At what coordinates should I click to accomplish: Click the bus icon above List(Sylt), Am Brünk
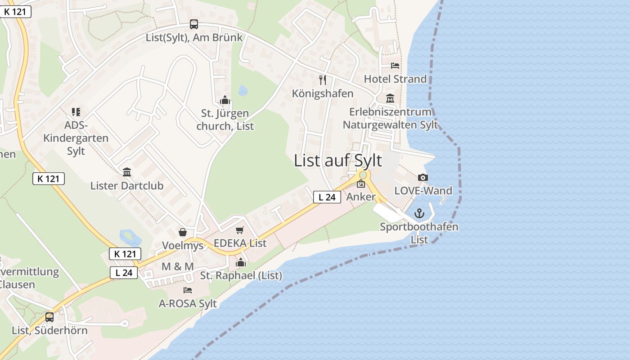point(193,24)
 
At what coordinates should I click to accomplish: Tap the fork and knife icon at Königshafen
point(322,80)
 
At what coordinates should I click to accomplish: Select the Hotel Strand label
point(395,79)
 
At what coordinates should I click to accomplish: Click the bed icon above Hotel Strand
point(395,66)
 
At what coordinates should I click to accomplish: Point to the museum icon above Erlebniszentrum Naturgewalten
point(390,99)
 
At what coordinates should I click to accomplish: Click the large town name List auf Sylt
point(338,161)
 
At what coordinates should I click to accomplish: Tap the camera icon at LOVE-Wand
point(423,178)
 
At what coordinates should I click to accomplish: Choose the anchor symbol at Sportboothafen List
point(419,213)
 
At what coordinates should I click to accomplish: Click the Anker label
point(361,197)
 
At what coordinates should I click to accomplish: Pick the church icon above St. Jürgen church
point(225,100)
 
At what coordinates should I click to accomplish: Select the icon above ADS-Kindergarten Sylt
point(76,112)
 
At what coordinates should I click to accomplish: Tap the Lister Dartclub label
point(127,185)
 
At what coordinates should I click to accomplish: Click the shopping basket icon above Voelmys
point(183,232)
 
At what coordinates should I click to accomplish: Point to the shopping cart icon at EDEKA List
point(240,230)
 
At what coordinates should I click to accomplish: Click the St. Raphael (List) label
point(241,275)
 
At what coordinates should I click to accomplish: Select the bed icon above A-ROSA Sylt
point(188,290)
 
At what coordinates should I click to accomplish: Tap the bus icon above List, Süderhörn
point(49,317)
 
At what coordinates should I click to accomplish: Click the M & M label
point(177,266)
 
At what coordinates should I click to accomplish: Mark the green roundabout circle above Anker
point(363,175)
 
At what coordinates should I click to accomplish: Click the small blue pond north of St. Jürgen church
point(243,90)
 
